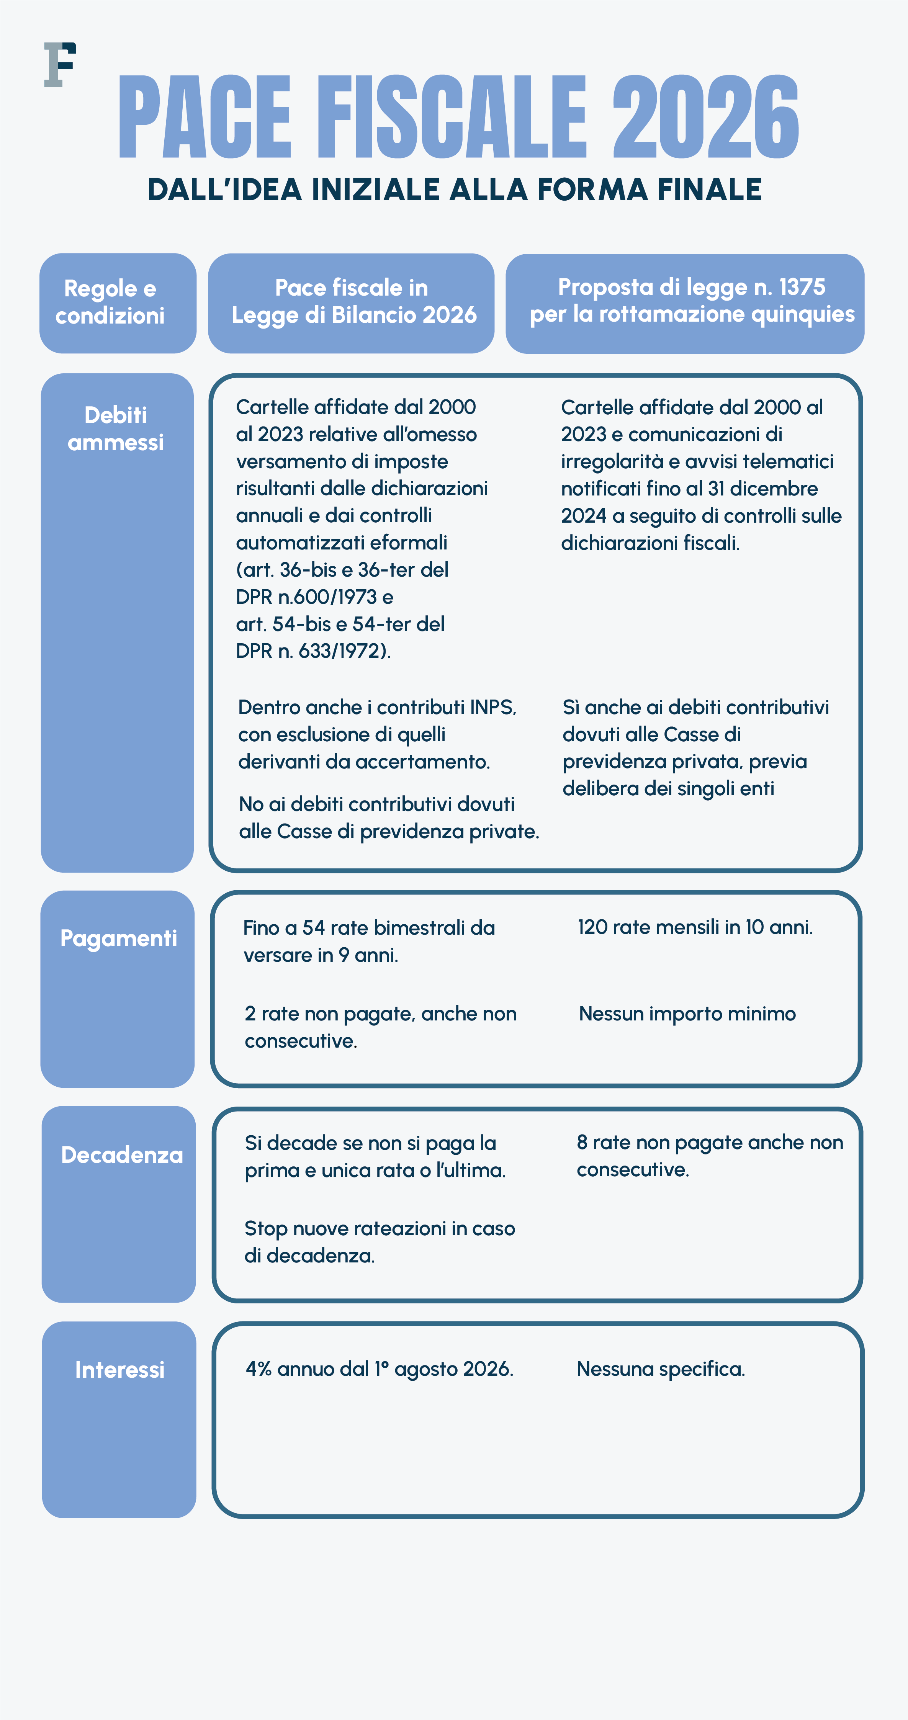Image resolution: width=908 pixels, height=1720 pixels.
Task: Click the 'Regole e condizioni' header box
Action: (x=118, y=302)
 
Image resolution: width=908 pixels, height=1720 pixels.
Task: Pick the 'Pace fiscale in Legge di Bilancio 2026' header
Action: (x=351, y=302)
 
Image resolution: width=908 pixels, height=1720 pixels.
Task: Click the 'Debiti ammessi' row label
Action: (x=116, y=429)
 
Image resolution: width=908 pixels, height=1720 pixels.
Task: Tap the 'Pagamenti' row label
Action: (x=119, y=938)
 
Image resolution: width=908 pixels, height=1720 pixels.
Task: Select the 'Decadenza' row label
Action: (x=121, y=1154)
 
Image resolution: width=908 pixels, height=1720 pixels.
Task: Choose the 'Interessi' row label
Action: (x=119, y=1370)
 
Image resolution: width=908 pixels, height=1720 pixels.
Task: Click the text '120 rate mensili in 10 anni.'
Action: (x=695, y=927)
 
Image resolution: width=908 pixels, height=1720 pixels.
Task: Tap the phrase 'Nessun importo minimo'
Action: (x=687, y=1014)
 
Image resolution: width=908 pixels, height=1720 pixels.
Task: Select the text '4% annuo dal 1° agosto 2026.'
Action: (x=379, y=1369)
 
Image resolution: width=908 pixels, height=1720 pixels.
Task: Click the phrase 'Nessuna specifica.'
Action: (x=660, y=1369)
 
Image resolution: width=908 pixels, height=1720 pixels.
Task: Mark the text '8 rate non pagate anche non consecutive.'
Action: (x=709, y=1156)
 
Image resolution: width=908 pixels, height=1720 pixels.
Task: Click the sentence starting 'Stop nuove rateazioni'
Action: (x=379, y=1242)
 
